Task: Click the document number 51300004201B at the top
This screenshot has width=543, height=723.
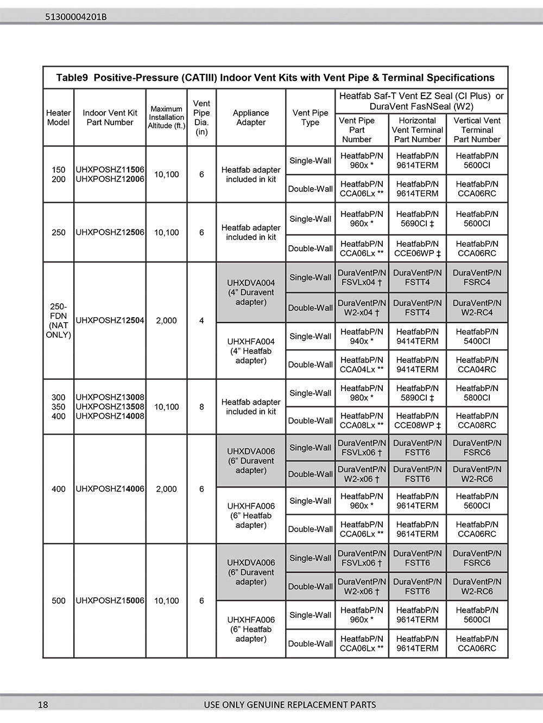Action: [76, 17]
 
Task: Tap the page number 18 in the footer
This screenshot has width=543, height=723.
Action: [43, 705]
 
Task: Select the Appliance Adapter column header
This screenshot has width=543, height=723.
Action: [251, 118]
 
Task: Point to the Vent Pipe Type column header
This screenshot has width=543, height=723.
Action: [310, 118]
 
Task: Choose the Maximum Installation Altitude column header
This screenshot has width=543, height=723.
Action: [167, 117]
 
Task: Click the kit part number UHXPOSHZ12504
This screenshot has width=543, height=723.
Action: [110, 321]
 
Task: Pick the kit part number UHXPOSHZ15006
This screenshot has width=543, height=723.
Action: [110, 601]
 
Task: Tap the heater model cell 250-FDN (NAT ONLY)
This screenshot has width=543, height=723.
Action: [58, 321]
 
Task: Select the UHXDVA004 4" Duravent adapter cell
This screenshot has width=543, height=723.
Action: [251, 292]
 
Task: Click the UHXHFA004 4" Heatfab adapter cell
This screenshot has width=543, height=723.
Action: [251, 351]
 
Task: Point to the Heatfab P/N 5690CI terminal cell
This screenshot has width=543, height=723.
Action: [417, 219]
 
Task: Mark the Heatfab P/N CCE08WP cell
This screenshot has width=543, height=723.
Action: [417, 420]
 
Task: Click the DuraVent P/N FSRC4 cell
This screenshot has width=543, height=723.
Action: [477, 278]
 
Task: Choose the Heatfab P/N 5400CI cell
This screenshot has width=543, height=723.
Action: [477, 336]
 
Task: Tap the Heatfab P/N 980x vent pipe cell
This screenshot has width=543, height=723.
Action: [362, 393]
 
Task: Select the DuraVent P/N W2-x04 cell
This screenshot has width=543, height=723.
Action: [362, 308]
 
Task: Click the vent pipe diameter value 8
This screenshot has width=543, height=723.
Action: [201, 407]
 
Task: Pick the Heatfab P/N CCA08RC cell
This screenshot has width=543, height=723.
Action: [477, 420]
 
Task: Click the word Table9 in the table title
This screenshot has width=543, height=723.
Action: [72, 78]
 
